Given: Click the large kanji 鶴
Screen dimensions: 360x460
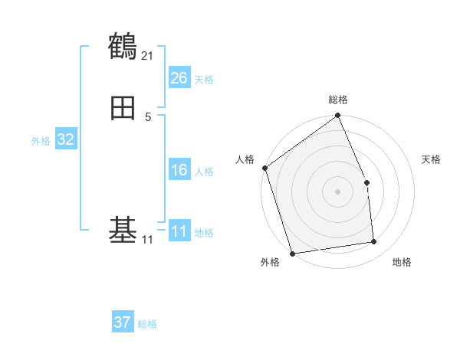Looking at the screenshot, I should [123, 46].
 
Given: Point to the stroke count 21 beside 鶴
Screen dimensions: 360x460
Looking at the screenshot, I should [147, 55].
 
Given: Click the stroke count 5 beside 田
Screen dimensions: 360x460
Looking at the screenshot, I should [148, 116].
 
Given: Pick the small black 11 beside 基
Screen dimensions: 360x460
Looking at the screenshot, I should [147, 240].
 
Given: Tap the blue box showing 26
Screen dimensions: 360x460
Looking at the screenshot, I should [179, 78].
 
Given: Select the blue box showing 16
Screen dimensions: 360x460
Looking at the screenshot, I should [179, 170].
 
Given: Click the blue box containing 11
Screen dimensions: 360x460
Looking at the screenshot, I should [179, 231].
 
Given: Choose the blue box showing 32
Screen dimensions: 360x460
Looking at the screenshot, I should [65, 139].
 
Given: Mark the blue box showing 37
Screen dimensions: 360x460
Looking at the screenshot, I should [122, 322].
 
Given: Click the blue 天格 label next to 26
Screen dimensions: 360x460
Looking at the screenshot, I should [204, 80].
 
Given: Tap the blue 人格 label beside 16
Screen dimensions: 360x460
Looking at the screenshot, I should [204, 172].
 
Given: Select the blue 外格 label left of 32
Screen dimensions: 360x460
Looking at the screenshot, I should [41, 141].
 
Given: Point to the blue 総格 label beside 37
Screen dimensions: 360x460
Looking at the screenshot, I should [147, 324].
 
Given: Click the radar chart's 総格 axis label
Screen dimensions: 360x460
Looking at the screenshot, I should [338, 100].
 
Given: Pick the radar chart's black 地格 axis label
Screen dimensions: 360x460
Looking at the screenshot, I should [402, 263].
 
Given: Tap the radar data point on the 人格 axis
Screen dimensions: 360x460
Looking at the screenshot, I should [264, 168].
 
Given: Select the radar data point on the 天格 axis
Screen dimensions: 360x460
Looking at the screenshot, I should [366, 182].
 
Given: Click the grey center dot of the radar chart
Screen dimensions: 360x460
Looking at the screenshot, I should [337, 191].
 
